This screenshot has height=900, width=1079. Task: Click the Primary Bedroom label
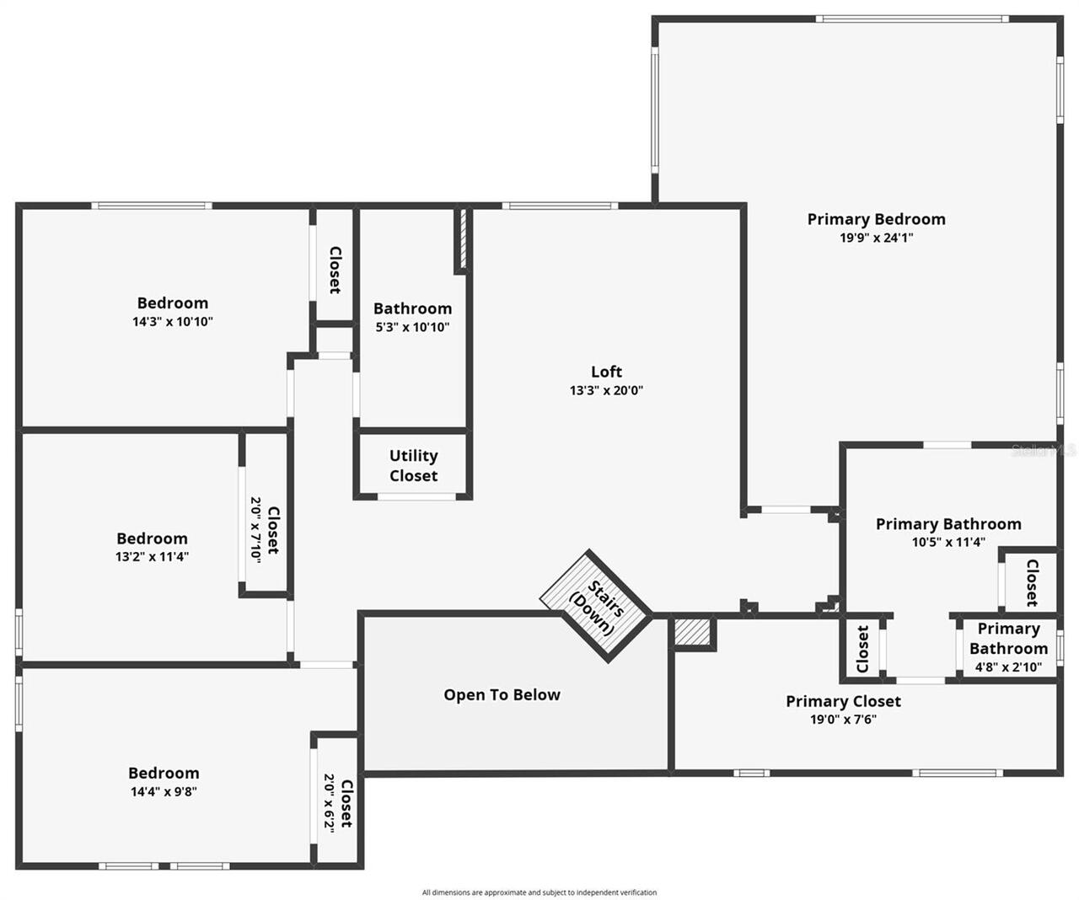[x=876, y=219]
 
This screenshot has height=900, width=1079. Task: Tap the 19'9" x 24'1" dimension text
[x=876, y=238]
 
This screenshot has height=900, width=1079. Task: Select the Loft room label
[x=606, y=372]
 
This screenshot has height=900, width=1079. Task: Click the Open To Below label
[x=502, y=695]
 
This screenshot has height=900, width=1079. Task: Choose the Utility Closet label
[x=413, y=466]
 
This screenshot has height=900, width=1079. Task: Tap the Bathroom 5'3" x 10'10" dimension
[x=412, y=327]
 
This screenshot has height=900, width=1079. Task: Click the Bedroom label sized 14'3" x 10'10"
[x=173, y=303]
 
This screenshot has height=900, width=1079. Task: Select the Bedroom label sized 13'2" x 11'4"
[x=152, y=538]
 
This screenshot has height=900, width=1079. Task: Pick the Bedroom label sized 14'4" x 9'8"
[x=164, y=773]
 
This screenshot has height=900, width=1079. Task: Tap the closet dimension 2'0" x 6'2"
[x=329, y=802]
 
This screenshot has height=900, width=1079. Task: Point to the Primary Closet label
[x=843, y=701]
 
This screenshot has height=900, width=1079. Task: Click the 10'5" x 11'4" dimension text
[x=948, y=543]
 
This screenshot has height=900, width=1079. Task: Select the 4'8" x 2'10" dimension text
[x=1008, y=667]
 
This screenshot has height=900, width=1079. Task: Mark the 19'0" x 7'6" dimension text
[x=843, y=720]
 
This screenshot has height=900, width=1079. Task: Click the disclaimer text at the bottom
[x=539, y=892]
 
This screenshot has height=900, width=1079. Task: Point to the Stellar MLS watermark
[x=1044, y=451]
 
